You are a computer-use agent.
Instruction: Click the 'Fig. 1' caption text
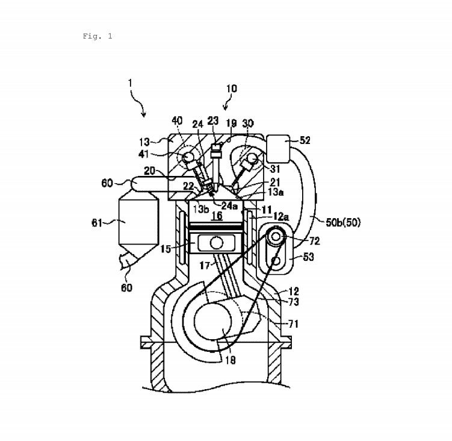pos(98,36)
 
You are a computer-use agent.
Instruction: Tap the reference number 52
pos(305,140)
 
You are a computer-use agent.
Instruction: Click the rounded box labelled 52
pos(279,149)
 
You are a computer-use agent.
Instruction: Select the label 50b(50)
pos(343,222)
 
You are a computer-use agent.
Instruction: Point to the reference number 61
pos(97,223)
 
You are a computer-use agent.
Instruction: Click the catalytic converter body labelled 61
pos(138,222)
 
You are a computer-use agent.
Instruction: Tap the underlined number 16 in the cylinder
pos(217,216)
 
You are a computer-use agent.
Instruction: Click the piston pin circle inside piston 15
pos(217,243)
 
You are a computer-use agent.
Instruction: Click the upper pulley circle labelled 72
pos(276,237)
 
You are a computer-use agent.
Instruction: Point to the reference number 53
pos(308,257)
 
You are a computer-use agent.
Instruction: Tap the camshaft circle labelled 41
pos(188,157)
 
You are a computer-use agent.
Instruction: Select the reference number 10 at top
pos(232,89)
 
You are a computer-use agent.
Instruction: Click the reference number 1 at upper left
pos(130,83)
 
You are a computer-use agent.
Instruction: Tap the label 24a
pos(229,205)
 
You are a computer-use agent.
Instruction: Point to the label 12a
pos(281,216)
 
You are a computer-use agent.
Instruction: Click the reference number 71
pos(294,324)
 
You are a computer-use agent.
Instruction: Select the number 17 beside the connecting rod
pos(205,265)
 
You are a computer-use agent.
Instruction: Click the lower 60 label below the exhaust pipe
pos(126,287)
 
